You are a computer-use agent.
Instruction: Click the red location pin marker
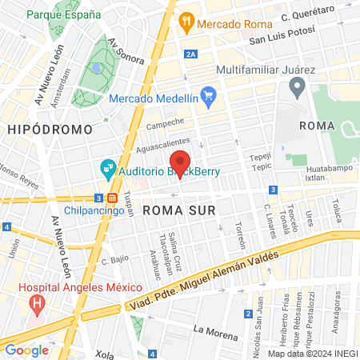click(181, 163)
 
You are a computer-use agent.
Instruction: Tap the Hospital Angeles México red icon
click(36, 303)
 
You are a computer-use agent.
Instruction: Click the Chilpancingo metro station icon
click(114, 198)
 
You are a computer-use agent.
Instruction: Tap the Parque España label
click(63, 15)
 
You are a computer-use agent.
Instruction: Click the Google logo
click(27, 350)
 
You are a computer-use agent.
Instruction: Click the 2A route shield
click(190, 54)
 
